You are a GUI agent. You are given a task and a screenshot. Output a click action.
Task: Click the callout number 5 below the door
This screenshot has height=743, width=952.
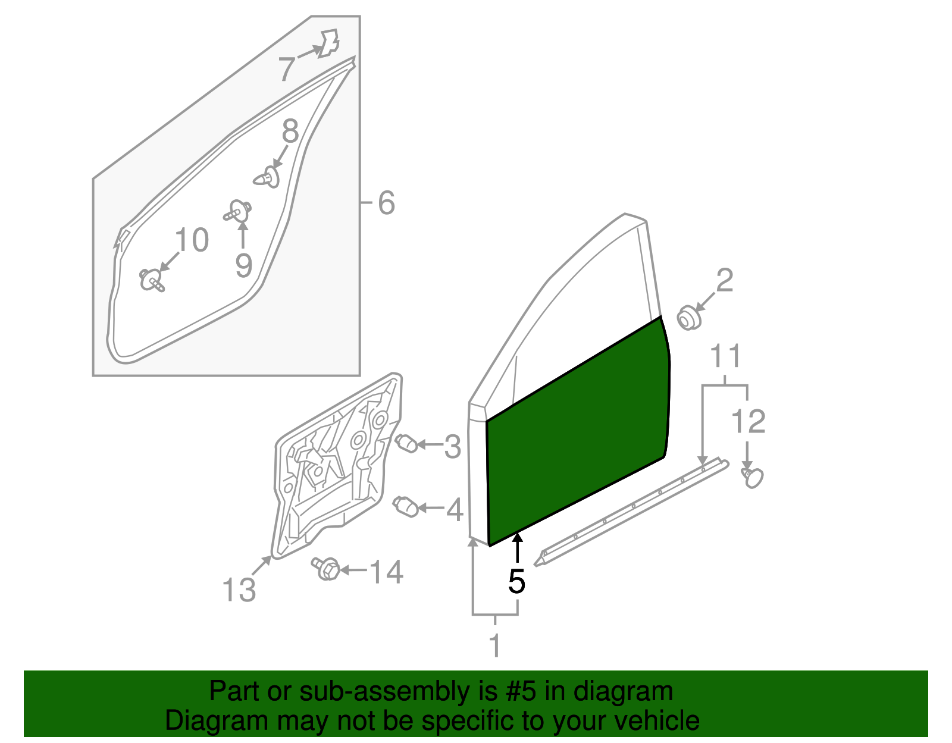pyautogui.click(x=516, y=581)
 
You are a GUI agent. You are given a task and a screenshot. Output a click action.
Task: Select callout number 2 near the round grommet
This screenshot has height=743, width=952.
pyautogui.click(x=724, y=280)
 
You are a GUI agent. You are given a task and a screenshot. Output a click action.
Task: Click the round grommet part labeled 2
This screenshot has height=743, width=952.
pyautogui.click(x=690, y=318)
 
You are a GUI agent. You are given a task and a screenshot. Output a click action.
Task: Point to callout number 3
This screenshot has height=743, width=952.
pyautogui.click(x=453, y=446)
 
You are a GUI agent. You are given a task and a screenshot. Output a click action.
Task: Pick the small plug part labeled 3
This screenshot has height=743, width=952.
pyautogui.click(x=406, y=443)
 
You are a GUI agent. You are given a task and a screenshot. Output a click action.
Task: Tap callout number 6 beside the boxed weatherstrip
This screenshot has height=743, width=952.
pyautogui.click(x=386, y=203)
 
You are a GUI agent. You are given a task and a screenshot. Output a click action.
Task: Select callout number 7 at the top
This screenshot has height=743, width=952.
pyautogui.click(x=287, y=69)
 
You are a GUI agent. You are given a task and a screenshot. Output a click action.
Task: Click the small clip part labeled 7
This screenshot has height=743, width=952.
pyautogui.click(x=327, y=43)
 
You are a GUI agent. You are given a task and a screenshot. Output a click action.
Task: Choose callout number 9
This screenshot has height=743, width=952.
pyautogui.click(x=243, y=265)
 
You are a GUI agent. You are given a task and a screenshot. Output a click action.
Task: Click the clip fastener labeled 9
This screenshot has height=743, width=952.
pyautogui.click(x=239, y=211)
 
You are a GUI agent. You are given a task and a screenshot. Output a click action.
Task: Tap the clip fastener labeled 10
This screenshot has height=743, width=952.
pyautogui.click(x=151, y=280)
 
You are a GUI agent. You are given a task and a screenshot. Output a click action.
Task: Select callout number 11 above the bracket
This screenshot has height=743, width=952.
pyautogui.click(x=726, y=356)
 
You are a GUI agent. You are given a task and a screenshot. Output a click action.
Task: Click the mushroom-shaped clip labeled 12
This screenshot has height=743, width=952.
pyautogui.click(x=753, y=476)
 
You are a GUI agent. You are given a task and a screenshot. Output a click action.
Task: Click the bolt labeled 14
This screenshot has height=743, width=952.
pyautogui.click(x=326, y=569)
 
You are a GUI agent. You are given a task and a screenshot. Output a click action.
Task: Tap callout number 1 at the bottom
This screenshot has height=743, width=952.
pyautogui.click(x=494, y=645)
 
